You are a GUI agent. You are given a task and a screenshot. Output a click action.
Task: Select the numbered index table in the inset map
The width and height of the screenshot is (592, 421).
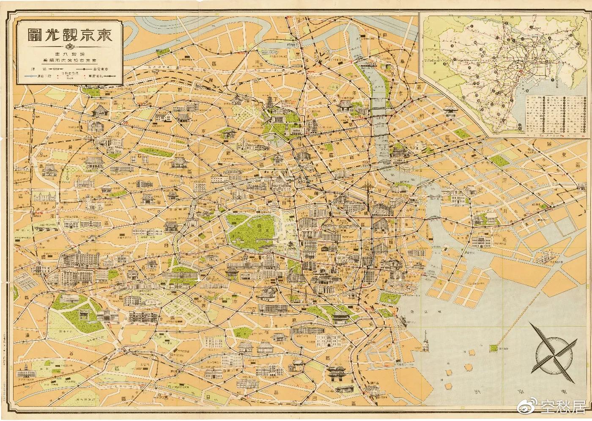(x=554, y=113)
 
